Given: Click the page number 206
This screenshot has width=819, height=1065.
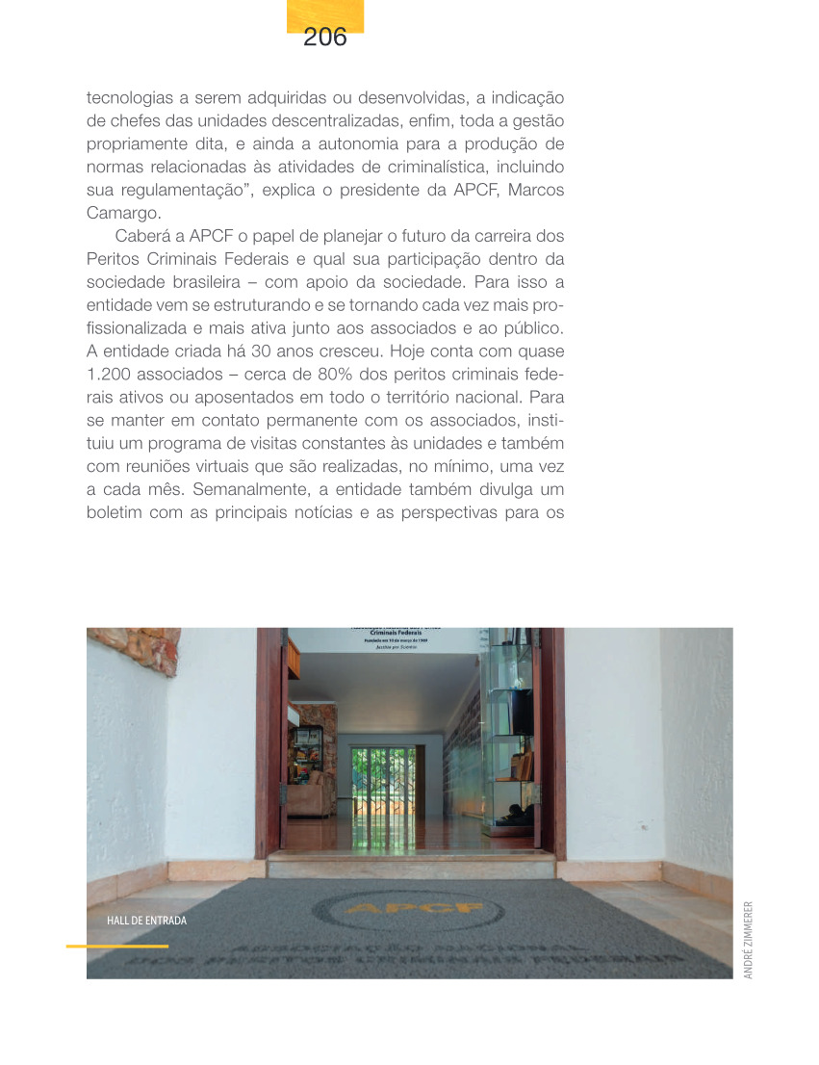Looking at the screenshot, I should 324,38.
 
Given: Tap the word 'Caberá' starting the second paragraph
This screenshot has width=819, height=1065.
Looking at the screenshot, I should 146,237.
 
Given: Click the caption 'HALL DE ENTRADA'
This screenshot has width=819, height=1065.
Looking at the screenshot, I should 146,921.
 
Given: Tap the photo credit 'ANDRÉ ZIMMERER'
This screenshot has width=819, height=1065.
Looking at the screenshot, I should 749,939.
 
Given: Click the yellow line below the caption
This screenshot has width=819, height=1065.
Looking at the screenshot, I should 116,946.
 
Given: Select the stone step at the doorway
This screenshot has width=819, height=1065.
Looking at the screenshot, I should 411,864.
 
